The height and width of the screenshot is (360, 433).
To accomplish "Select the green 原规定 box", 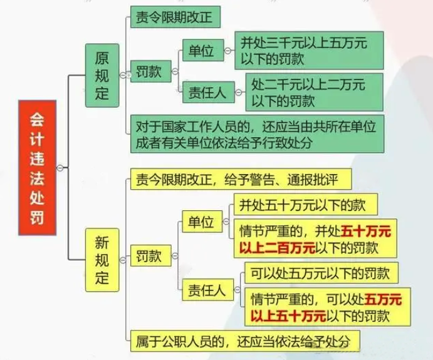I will [102, 75].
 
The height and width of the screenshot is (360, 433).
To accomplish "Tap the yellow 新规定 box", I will [102, 257].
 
